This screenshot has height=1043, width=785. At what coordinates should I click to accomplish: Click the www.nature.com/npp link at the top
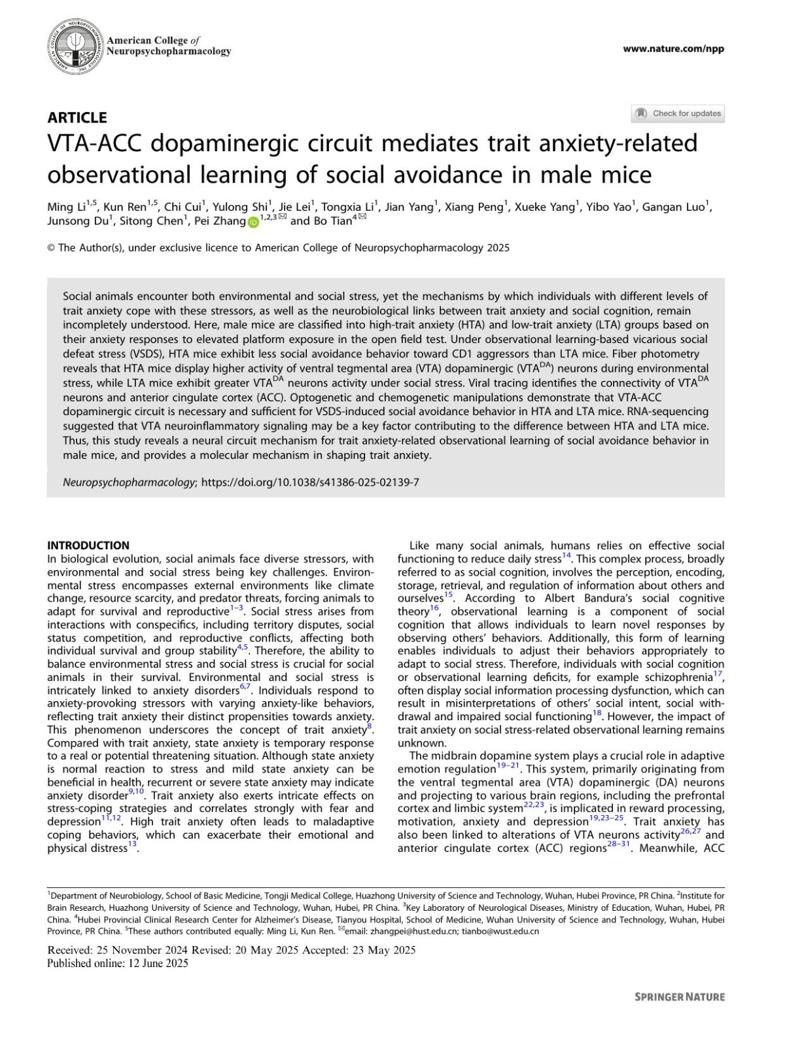click(x=673, y=48)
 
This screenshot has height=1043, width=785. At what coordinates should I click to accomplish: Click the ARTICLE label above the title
click(x=77, y=118)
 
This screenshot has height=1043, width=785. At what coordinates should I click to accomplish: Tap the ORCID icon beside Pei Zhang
click(x=253, y=222)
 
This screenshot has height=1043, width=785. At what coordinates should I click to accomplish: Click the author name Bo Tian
click(x=332, y=221)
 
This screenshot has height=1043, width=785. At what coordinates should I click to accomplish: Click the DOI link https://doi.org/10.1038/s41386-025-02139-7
click(x=310, y=483)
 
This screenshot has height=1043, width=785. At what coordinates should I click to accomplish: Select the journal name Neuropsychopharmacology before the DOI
click(x=129, y=483)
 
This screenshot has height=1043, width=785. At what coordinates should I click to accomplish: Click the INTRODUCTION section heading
click(x=88, y=545)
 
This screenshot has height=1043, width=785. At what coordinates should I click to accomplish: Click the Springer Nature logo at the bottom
click(x=680, y=997)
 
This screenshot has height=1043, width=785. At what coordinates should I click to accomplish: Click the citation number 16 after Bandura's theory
click(x=434, y=608)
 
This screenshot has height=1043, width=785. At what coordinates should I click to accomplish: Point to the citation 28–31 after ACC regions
click(x=619, y=845)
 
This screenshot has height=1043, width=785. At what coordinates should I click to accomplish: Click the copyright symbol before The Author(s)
click(x=51, y=248)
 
